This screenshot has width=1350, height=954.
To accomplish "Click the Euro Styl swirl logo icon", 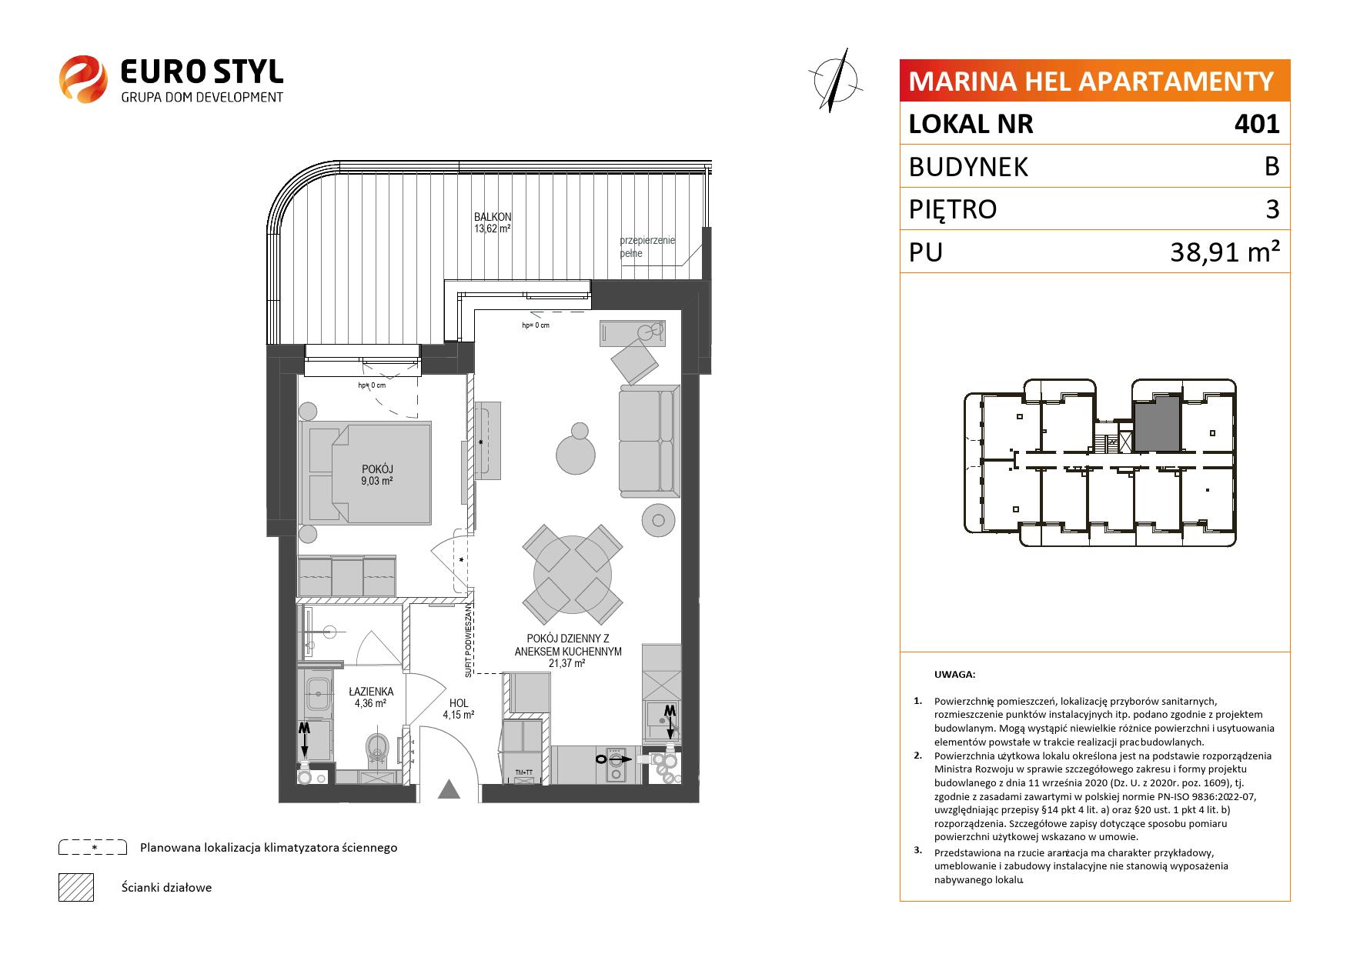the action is click(x=83, y=78).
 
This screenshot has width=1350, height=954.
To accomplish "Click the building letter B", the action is click(x=1271, y=166).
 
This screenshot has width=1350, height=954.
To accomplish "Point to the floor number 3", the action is click(x=1272, y=209).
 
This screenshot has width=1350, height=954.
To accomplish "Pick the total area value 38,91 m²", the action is click(x=1225, y=252).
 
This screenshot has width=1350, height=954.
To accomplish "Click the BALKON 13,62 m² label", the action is click(x=493, y=222).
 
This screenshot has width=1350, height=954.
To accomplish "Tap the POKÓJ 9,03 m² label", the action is click(x=377, y=475).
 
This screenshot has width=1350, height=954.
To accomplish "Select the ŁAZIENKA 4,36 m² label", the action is click(x=370, y=697).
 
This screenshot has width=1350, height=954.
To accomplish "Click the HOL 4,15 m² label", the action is click(x=459, y=709).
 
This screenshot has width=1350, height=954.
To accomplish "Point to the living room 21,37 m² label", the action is click(x=568, y=651).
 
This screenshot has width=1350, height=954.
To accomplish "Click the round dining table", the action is click(x=573, y=575).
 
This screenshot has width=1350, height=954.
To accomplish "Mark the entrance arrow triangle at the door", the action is click(x=449, y=789).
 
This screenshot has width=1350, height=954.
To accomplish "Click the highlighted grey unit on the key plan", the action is click(x=1158, y=424).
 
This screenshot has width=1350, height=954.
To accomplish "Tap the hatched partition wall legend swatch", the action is click(x=75, y=887).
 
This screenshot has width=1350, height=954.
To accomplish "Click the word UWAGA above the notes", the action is click(x=954, y=675).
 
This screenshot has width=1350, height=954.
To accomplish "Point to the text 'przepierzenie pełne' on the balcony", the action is click(x=647, y=247).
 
